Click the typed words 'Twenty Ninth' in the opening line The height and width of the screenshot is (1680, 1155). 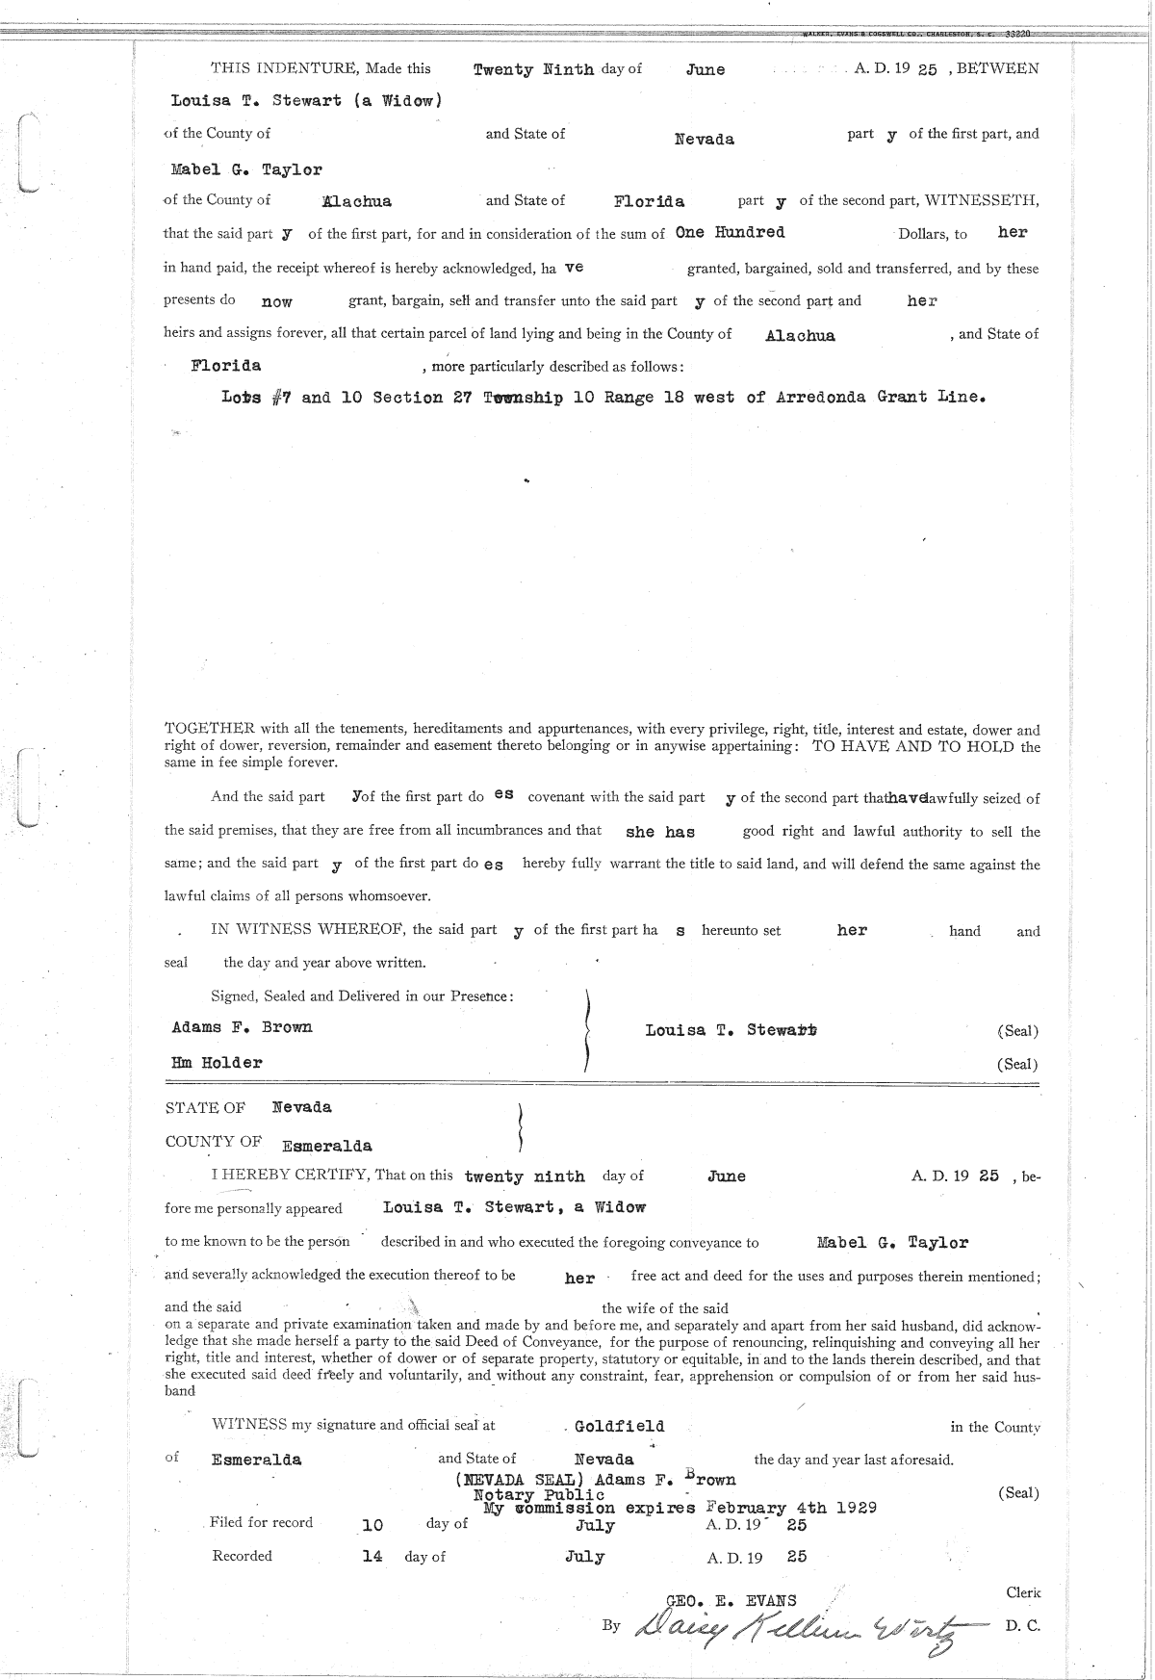[x=533, y=70]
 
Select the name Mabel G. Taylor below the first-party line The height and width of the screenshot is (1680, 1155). [x=246, y=170]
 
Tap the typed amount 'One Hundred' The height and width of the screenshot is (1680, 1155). [x=730, y=233]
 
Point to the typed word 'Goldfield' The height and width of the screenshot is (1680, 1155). [x=619, y=1426]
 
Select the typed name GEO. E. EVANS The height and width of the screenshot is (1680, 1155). [x=731, y=1601]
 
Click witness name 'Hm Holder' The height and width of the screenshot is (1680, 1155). [x=217, y=1063]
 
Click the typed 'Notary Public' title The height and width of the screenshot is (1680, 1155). [x=539, y=1494]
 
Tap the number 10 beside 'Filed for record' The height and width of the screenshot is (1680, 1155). [x=372, y=1525]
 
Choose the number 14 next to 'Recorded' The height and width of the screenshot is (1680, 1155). [x=372, y=1556]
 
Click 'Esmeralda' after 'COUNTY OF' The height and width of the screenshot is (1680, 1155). [x=326, y=1147]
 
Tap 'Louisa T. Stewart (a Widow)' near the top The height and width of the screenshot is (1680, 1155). [x=306, y=100]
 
